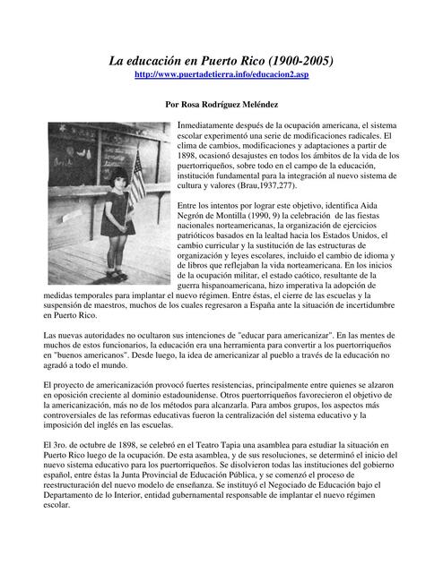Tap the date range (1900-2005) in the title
(296, 62)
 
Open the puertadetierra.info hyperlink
(221, 78)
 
